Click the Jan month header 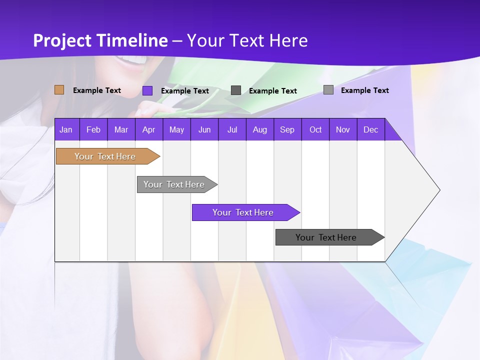66,129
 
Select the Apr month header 148,129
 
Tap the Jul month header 232,129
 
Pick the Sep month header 287,129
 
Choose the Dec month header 370,129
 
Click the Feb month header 93,129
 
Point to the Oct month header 315,129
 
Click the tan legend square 59,90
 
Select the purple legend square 147,90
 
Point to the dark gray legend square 236,90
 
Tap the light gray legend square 328,90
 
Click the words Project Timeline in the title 100,40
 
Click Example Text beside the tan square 97,90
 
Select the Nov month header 343,129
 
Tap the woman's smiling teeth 134,60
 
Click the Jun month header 204,129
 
